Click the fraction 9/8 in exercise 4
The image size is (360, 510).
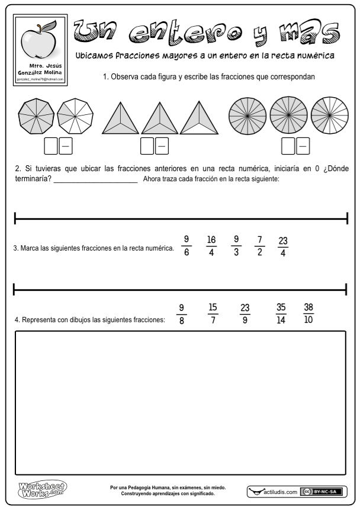coord(182,314)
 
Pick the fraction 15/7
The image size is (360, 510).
coord(213,314)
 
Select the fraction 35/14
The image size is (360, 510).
coord(281,314)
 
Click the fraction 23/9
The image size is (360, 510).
coord(245,314)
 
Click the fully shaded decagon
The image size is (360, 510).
coord(36,114)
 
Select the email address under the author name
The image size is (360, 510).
coord(40,78)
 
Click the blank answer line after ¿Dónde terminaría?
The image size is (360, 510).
coord(95,182)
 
